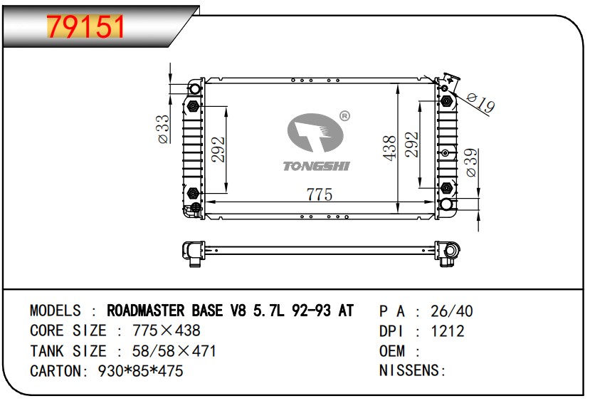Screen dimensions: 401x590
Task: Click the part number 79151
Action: click(x=85, y=26)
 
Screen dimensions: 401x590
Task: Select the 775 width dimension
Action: click(x=319, y=194)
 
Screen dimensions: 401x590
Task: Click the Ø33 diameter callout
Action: click(x=163, y=129)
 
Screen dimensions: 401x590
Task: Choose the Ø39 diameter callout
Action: click(x=471, y=162)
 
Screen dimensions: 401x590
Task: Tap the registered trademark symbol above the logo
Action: click(x=344, y=115)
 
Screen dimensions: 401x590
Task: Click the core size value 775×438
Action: click(x=157, y=331)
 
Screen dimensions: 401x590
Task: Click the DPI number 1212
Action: click(x=448, y=331)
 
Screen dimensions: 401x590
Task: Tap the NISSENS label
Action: click(x=411, y=371)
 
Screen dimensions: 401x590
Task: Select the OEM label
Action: click(x=392, y=351)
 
